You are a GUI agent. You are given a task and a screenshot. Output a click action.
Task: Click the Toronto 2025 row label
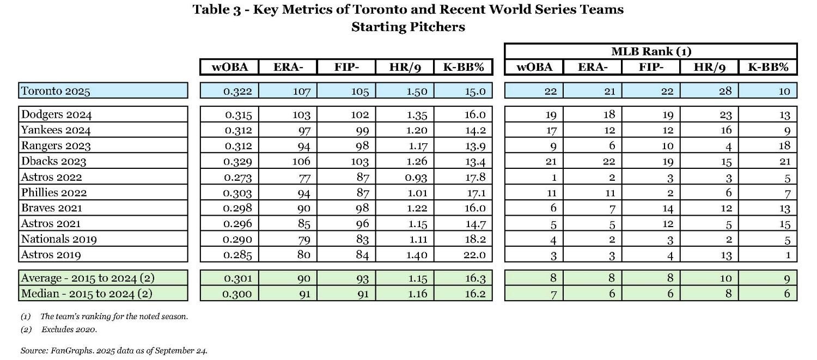click(56, 91)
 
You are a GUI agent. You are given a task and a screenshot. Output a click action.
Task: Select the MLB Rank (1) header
click(651, 52)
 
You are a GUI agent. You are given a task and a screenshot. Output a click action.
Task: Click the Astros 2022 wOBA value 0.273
click(237, 177)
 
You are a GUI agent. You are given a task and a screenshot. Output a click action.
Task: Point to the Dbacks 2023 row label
click(54, 161)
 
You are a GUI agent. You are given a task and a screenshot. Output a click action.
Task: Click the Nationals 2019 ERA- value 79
click(303, 239)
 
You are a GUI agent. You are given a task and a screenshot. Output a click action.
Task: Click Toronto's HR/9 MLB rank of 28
click(725, 91)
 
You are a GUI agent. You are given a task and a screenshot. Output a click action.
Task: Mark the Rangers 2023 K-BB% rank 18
click(784, 146)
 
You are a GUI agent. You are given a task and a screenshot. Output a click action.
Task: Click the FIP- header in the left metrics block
click(346, 67)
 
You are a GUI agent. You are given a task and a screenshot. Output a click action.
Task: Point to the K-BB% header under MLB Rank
click(767, 67)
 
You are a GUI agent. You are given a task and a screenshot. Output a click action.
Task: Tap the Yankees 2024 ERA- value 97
click(303, 130)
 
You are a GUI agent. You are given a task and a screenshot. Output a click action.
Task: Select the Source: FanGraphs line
click(114, 351)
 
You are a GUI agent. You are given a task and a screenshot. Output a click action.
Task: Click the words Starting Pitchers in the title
click(408, 27)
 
